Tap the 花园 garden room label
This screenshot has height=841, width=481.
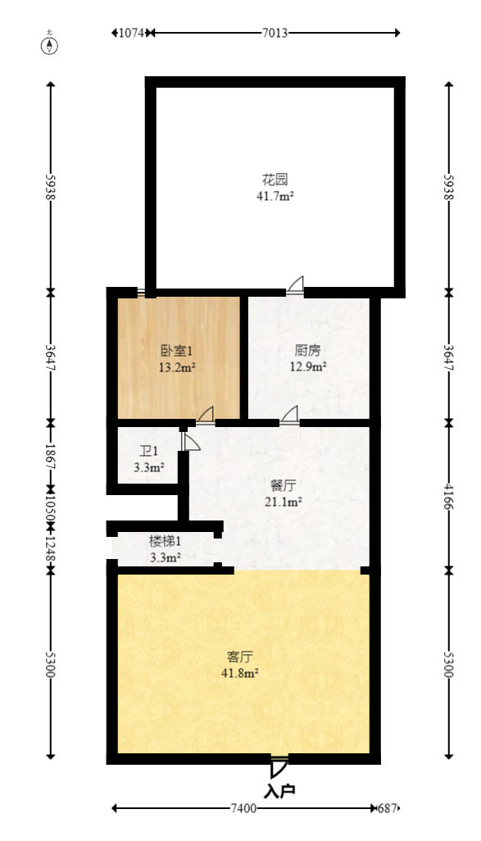[275, 179]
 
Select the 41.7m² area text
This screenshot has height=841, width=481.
[275, 196]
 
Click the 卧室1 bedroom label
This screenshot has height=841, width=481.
[176, 351]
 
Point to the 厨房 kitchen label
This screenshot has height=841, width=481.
[308, 350]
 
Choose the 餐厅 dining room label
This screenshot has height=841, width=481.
[284, 486]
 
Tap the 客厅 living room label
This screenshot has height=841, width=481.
[240, 657]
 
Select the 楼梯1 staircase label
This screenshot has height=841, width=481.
[165, 541]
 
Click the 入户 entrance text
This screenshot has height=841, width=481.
[279, 790]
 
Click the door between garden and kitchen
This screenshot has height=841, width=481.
[295, 285]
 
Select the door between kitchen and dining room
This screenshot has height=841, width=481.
[289, 416]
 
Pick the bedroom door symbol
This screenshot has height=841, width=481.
[206, 416]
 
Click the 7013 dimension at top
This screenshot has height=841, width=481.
[275, 34]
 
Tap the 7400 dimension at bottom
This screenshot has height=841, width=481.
[243, 808]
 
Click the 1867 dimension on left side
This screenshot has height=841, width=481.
[51, 456]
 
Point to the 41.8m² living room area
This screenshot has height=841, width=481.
[240, 673]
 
